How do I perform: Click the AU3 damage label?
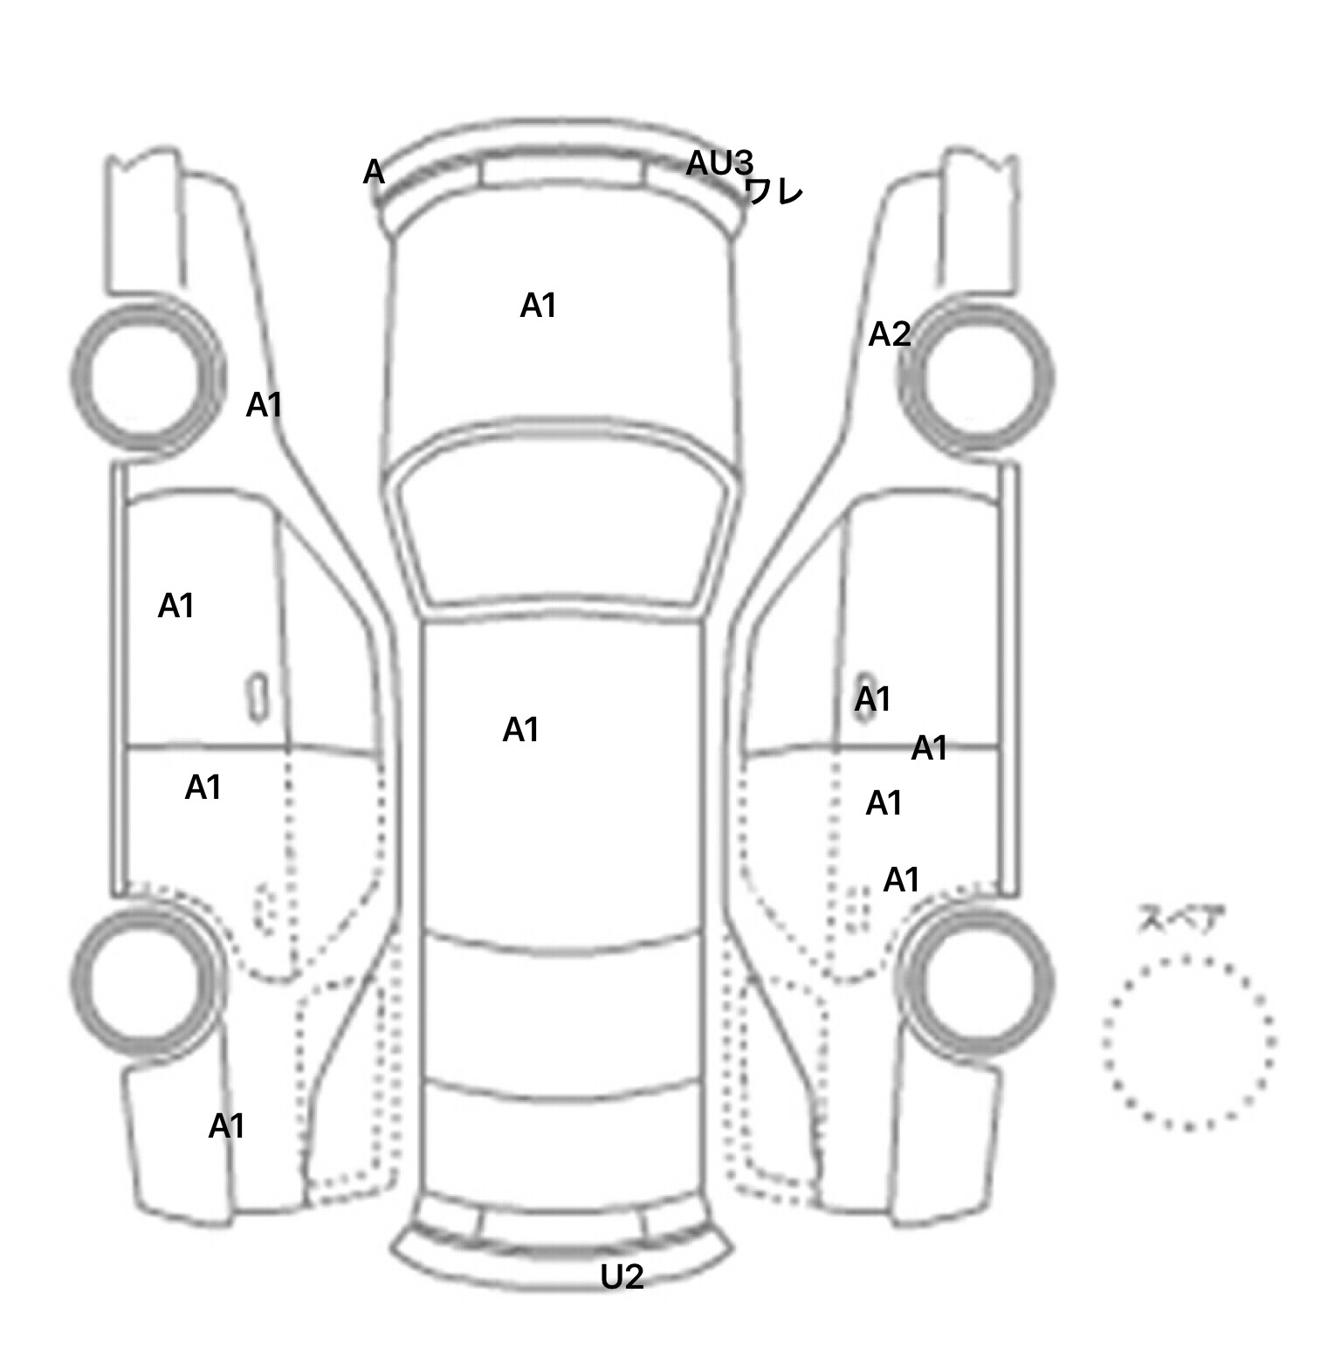[719, 162]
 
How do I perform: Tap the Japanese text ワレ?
[775, 191]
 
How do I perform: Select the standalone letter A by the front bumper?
[374, 172]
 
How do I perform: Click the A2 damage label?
[890, 334]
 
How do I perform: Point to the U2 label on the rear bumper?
[622, 1277]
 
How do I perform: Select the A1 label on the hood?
[538, 306]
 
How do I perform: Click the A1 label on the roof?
[520, 730]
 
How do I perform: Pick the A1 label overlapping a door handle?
[872, 699]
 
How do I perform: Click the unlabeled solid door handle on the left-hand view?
[257, 698]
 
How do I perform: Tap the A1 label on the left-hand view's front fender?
[264, 405]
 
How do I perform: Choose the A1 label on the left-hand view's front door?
[175, 606]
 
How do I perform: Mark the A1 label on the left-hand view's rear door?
[203, 788]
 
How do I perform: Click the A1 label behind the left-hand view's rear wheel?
[226, 1126]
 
